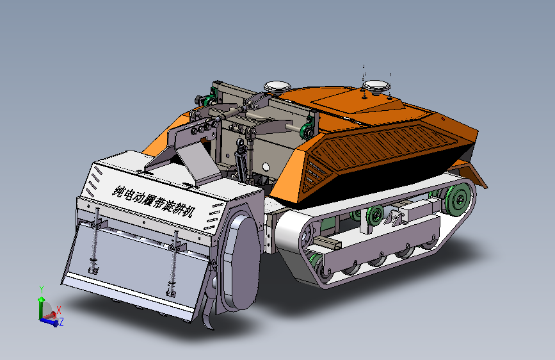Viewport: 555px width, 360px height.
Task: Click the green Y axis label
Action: [42, 290]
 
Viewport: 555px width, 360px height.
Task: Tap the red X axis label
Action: [59, 311]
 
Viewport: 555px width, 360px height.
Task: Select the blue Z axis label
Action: [61, 322]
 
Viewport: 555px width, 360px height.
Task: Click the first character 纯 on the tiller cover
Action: [118, 192]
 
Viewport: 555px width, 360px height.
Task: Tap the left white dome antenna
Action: [278, 86]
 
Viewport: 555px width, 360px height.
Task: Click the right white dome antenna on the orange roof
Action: [376, 85]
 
